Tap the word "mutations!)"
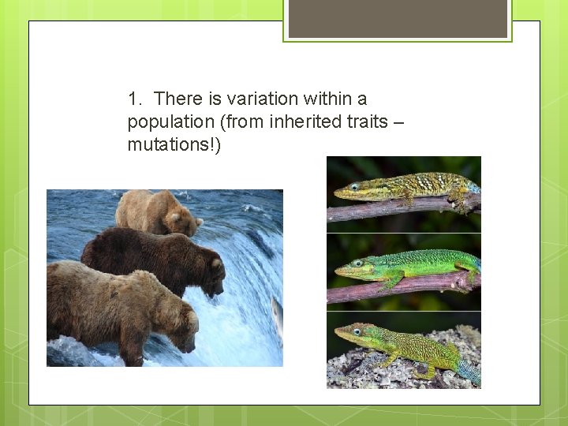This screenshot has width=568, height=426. (174, 145)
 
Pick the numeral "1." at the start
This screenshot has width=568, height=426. (136, 99)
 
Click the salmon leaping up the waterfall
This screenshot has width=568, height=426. (277, 319)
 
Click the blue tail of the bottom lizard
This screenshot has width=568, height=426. (469, 372)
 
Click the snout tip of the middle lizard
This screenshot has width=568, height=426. (337, 271)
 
